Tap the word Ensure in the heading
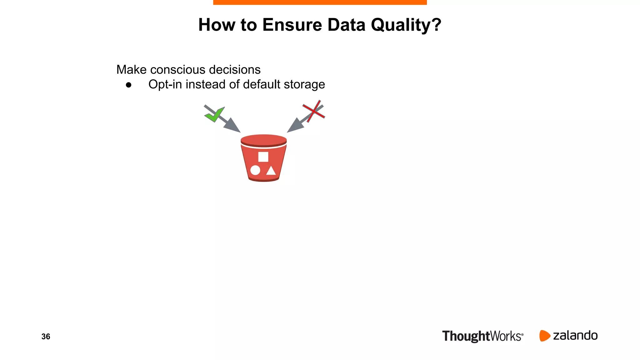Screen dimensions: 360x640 pos(292,25)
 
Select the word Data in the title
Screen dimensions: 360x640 pos(346,25)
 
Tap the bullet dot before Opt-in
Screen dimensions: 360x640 pos(128,85)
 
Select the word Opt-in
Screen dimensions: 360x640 pos(165,85)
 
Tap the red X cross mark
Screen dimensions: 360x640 pos(314,111)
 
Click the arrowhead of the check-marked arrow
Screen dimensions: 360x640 pos(233,126)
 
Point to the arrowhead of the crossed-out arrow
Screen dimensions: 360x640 pos(295,126)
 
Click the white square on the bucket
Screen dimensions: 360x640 pos(263,157)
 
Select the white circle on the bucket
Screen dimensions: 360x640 pos(255,170)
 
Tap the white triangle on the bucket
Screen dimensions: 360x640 pos(271,171)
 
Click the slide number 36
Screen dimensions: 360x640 pos(46,337)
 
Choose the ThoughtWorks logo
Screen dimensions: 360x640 pos(482,336)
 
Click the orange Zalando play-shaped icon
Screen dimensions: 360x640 pos(544,336)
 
